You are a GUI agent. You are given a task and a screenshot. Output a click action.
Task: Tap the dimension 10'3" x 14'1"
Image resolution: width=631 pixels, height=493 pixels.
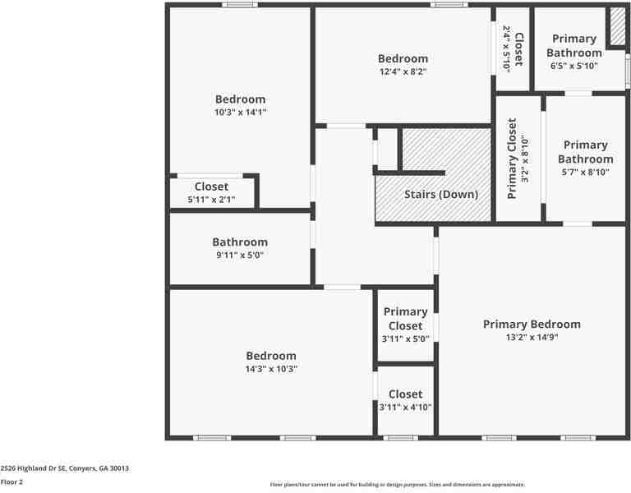(x=240, y=113)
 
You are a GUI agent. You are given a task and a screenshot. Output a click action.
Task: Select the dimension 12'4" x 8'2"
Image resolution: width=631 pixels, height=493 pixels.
(x=403, y=71)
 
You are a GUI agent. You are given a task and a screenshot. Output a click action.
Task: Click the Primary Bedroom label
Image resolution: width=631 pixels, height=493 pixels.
(x=531, y=324)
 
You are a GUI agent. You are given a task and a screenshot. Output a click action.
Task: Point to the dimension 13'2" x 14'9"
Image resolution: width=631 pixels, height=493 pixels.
(x=531, y=337)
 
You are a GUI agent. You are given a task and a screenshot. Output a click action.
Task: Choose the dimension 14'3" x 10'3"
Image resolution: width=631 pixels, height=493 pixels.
(x=271, y=369)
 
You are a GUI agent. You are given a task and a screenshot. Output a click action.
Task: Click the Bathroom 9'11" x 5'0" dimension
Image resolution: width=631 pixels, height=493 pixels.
(x=240, y=255)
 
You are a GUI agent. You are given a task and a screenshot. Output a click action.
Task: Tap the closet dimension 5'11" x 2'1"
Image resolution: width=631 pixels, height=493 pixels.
(x=211, y=200)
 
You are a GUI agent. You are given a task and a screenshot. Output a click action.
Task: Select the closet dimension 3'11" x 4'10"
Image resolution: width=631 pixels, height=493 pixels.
(x=405, y=407)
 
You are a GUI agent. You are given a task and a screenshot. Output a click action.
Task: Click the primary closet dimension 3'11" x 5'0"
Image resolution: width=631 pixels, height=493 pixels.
(x=405, y=339)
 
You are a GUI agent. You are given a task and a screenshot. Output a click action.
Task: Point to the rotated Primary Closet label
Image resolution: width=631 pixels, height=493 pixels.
(x=512, y=159)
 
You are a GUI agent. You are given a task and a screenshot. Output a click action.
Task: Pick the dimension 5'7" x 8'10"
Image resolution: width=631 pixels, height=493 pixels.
(x=585, y=172)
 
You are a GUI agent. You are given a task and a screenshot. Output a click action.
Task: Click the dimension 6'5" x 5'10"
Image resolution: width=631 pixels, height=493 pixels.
(x=573, y=66)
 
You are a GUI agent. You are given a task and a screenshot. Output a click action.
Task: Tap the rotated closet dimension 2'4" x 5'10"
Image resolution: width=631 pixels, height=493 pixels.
(x=506, y=49)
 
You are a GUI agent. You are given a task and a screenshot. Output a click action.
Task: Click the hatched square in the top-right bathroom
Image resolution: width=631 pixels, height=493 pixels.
(x=616, y=27)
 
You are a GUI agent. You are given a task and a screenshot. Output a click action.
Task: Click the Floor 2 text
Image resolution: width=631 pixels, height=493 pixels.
(x=12, y=481)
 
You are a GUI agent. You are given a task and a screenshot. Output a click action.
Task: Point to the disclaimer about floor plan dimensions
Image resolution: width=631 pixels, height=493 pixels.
(x=397, y=485)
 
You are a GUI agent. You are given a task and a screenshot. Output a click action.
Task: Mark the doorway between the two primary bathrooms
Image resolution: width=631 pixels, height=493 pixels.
(x=578, y=93)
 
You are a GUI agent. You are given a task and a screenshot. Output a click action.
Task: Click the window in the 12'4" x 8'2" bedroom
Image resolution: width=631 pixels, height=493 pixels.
(x=449, y=5)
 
